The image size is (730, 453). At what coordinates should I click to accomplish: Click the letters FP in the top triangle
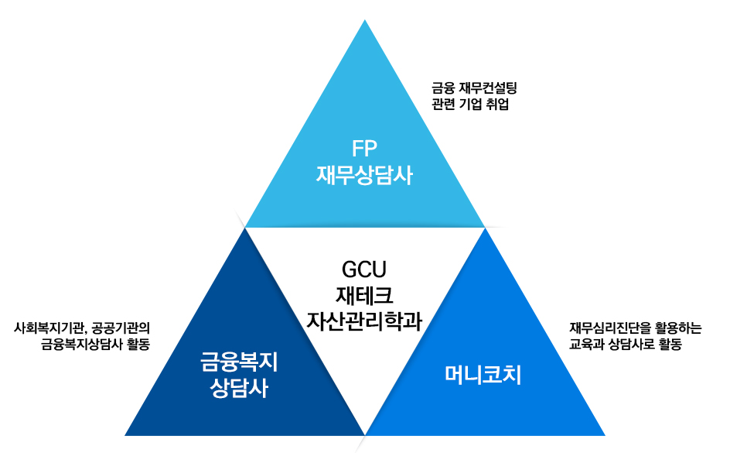tap(364, 149)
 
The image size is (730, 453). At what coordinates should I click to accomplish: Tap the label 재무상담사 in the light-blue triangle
tap(364, 175)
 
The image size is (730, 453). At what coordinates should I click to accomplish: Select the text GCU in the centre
tap(363, 269)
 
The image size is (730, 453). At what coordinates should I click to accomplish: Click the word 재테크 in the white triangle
tap(364, 295)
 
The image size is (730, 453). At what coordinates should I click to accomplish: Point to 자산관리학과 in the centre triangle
tap(364, 321)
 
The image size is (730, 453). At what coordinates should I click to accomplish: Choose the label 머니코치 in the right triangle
tap(483, 376)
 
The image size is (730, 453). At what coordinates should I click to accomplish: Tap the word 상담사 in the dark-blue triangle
tap(239, 387)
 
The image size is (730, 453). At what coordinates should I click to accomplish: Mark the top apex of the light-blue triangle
tap(365, 21)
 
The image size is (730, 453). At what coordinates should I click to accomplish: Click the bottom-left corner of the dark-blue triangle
tap(126, 434)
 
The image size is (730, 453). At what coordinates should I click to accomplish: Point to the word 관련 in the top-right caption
tap(443, 105)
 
